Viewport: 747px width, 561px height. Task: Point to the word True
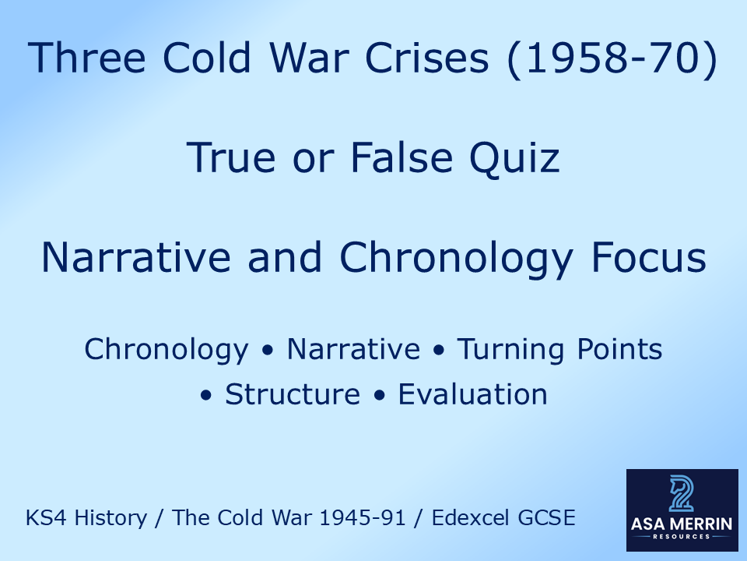pyautogui.click(x=230, y=158)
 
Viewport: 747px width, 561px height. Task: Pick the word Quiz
pyautogui.click(x=519, y=158)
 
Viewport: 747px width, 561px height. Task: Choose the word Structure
pyautogui.click(x=293, y=394)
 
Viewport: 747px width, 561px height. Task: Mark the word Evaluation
pyautogui.click(x=472, y=394)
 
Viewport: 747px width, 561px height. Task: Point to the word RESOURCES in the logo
pyautogui.click(x=682, y=538)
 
